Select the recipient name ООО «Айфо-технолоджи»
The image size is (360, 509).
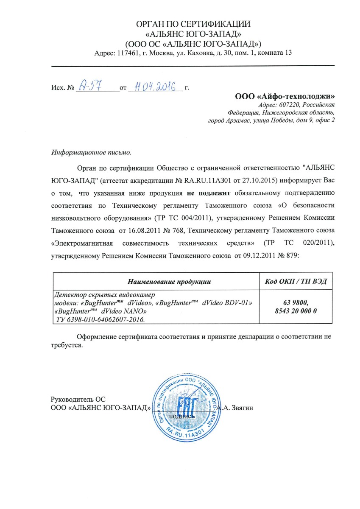[285, 96]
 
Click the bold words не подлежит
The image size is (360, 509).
[208, 193]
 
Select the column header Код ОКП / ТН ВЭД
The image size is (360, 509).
[295, 281]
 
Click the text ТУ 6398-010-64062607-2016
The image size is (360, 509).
[100, 319]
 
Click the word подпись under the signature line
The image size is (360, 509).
[181, 416]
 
